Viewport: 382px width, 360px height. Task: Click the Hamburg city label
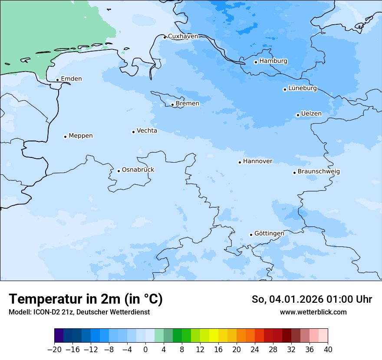pyautogui.click(x=273, y=61)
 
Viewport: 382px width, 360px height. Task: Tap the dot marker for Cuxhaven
pyautogui.click(x=165, y=37)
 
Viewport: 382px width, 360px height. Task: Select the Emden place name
pyautogui.click(x=71, y=79)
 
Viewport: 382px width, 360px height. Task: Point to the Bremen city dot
pyautogui.click(x=172, y=105)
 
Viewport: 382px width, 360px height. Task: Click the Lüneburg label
pyautogui.click(x=303, y=88)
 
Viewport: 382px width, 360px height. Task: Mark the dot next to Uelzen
pyautogui.click(x=298, y=115)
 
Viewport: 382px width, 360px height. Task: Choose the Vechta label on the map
pyautogui.click(x=147, y=131)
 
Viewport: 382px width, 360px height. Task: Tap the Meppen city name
pyautogui.click(x=81, y=136)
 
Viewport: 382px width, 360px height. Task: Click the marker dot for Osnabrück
pyautogui.click(x=119, y=171)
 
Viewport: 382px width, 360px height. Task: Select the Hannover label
pyautogui.click(x=257, y=161)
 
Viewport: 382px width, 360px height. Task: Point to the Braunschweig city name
pyautogui.click(x=319, y=172)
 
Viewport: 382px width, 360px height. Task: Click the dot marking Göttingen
pyautogui.click(x=251, y=235)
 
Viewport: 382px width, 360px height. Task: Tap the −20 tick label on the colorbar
pyautogui.click(x=54, y=350)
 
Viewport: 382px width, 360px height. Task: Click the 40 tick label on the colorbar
pyautogui.click(x=328, y=350)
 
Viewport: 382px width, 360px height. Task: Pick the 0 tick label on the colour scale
pyautogui.click(x=145, y=350)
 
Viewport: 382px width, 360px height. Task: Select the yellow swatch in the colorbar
pyautogui.click(x=214, y=336)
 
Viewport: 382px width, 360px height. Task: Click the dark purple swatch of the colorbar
pyautogui.click(x=59, y=336)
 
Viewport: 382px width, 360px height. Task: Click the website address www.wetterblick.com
pyautogui.click(x=313, y=312)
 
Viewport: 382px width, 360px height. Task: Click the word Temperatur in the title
pyautogui.click(x=46, y=299)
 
